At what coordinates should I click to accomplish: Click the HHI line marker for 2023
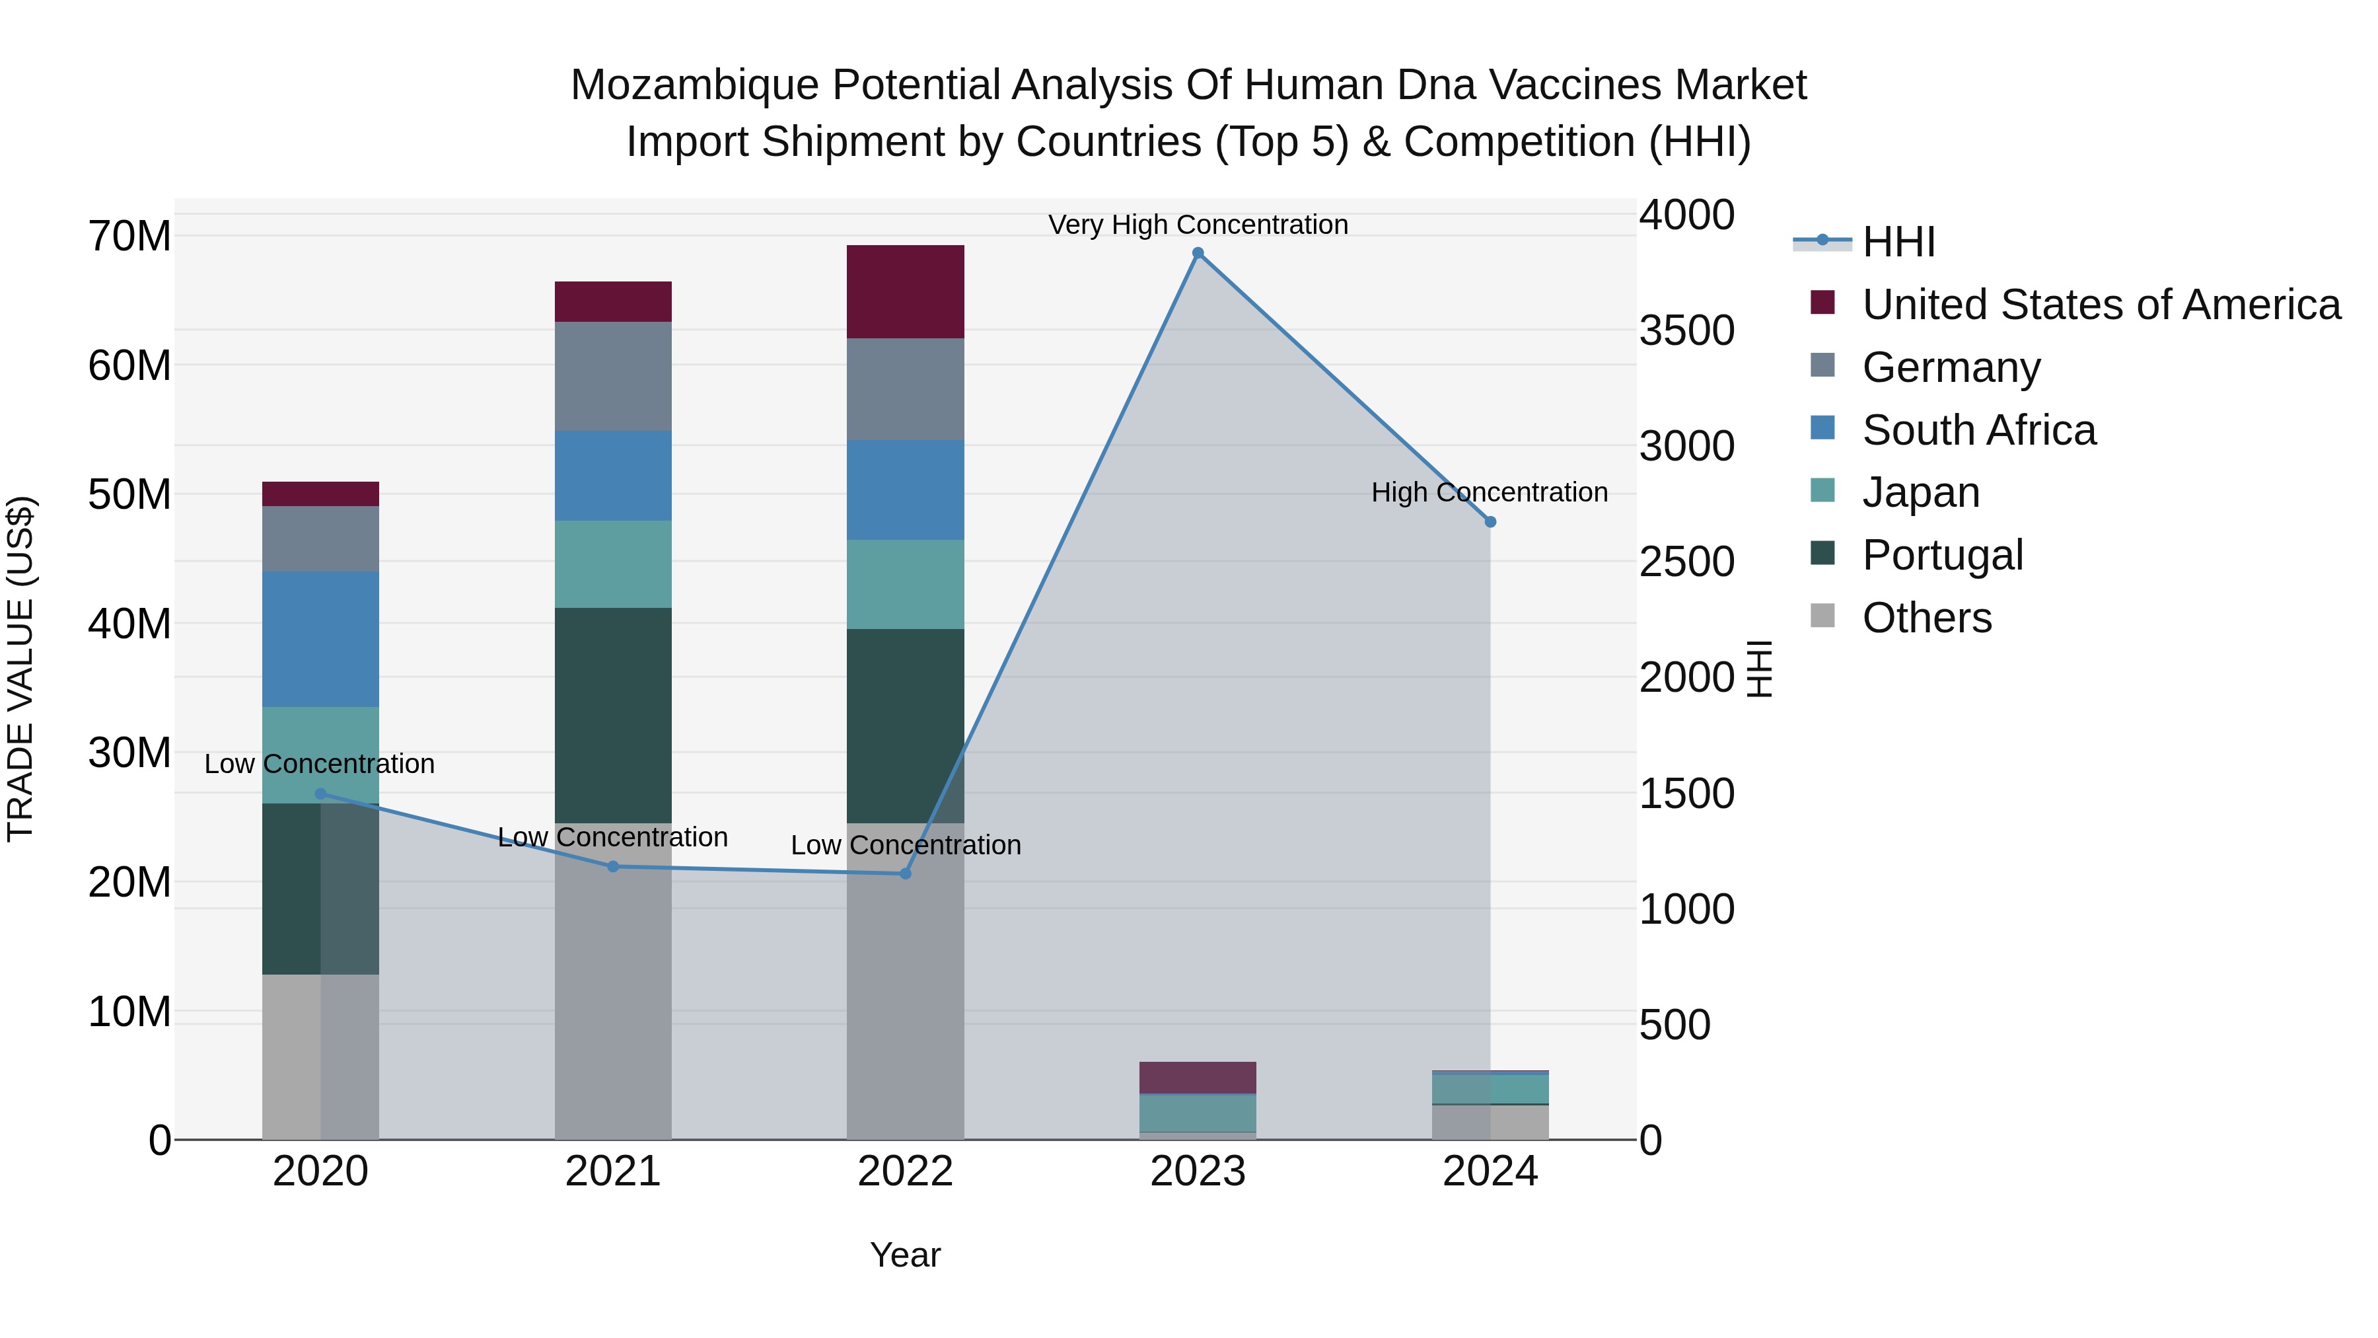pos(1198,253)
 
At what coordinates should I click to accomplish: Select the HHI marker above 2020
pos(320,793)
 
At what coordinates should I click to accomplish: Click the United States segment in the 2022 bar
pos(905,292)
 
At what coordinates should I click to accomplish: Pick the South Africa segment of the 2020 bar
pos(320,639)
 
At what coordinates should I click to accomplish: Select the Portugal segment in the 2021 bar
pos(613,715)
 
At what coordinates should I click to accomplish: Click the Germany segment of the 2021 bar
pos(613,376)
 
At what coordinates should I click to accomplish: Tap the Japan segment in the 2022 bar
pos(905,585)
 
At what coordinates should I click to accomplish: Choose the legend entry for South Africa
pos(1978,430)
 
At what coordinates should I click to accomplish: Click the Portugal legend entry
pos(1942,555)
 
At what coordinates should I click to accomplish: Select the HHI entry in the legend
pos(1898,242)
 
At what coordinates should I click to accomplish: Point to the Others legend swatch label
pos(1927,618)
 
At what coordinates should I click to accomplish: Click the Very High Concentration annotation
pos(1198,225)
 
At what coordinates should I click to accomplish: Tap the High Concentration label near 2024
pos(1489,492)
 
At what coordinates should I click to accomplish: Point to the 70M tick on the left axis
pos(129,237)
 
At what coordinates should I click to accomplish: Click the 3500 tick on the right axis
pos(1686,330)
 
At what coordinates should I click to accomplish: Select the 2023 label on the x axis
pos(1198,1171)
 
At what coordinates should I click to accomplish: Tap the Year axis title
pos(905,1255)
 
